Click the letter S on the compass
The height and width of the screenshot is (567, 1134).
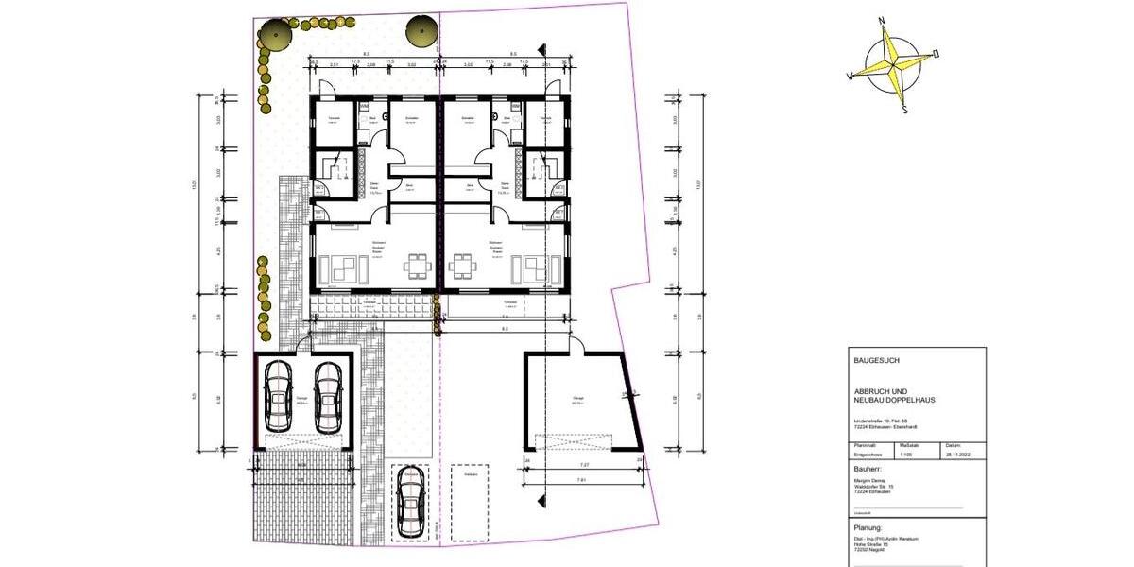tap(904, 109)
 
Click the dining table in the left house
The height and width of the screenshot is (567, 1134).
tap(416, 266)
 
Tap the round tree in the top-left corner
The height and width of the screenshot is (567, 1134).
tap(273, 37)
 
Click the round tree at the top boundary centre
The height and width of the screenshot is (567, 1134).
tap(421, 31)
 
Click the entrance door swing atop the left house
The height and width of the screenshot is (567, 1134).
tap(323, 88)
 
